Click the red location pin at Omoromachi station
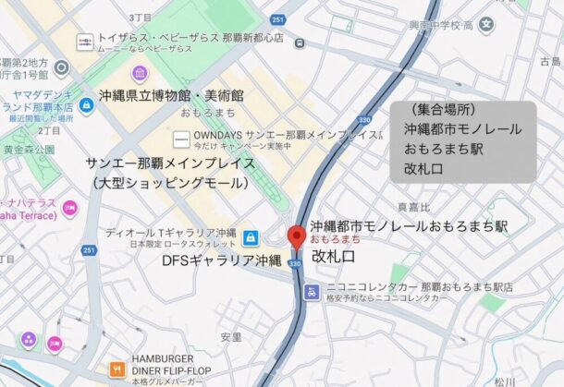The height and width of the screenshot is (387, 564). pos(297,236)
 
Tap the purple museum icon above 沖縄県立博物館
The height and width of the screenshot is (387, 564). pos(140,73)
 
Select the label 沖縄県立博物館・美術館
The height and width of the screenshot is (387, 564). pos(172,96)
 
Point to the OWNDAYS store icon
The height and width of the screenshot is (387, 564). pos(180,139)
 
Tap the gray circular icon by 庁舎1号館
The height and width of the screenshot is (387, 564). pos(62,67)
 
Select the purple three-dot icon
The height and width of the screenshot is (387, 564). pos(29,339)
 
